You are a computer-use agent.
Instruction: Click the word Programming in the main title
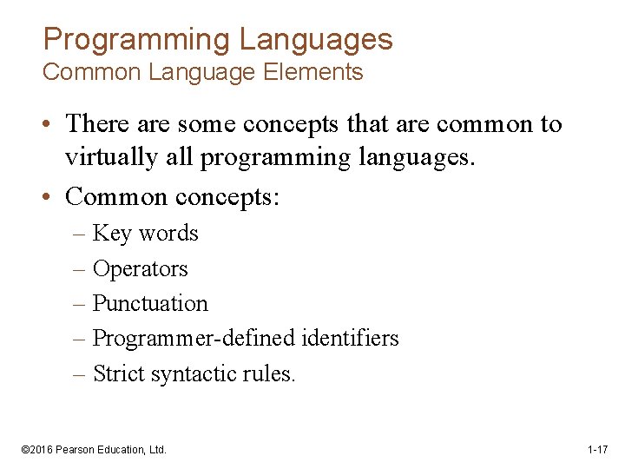136,39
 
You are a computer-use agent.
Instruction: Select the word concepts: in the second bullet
227,197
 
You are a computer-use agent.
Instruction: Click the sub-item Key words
145,234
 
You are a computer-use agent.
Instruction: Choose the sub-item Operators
140,269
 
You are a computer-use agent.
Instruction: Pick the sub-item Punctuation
150,304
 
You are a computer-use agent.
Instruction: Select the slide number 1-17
597,450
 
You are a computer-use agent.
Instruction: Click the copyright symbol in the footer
24,450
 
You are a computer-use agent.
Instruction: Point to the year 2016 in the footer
43,450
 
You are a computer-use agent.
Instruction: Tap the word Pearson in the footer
76,450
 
